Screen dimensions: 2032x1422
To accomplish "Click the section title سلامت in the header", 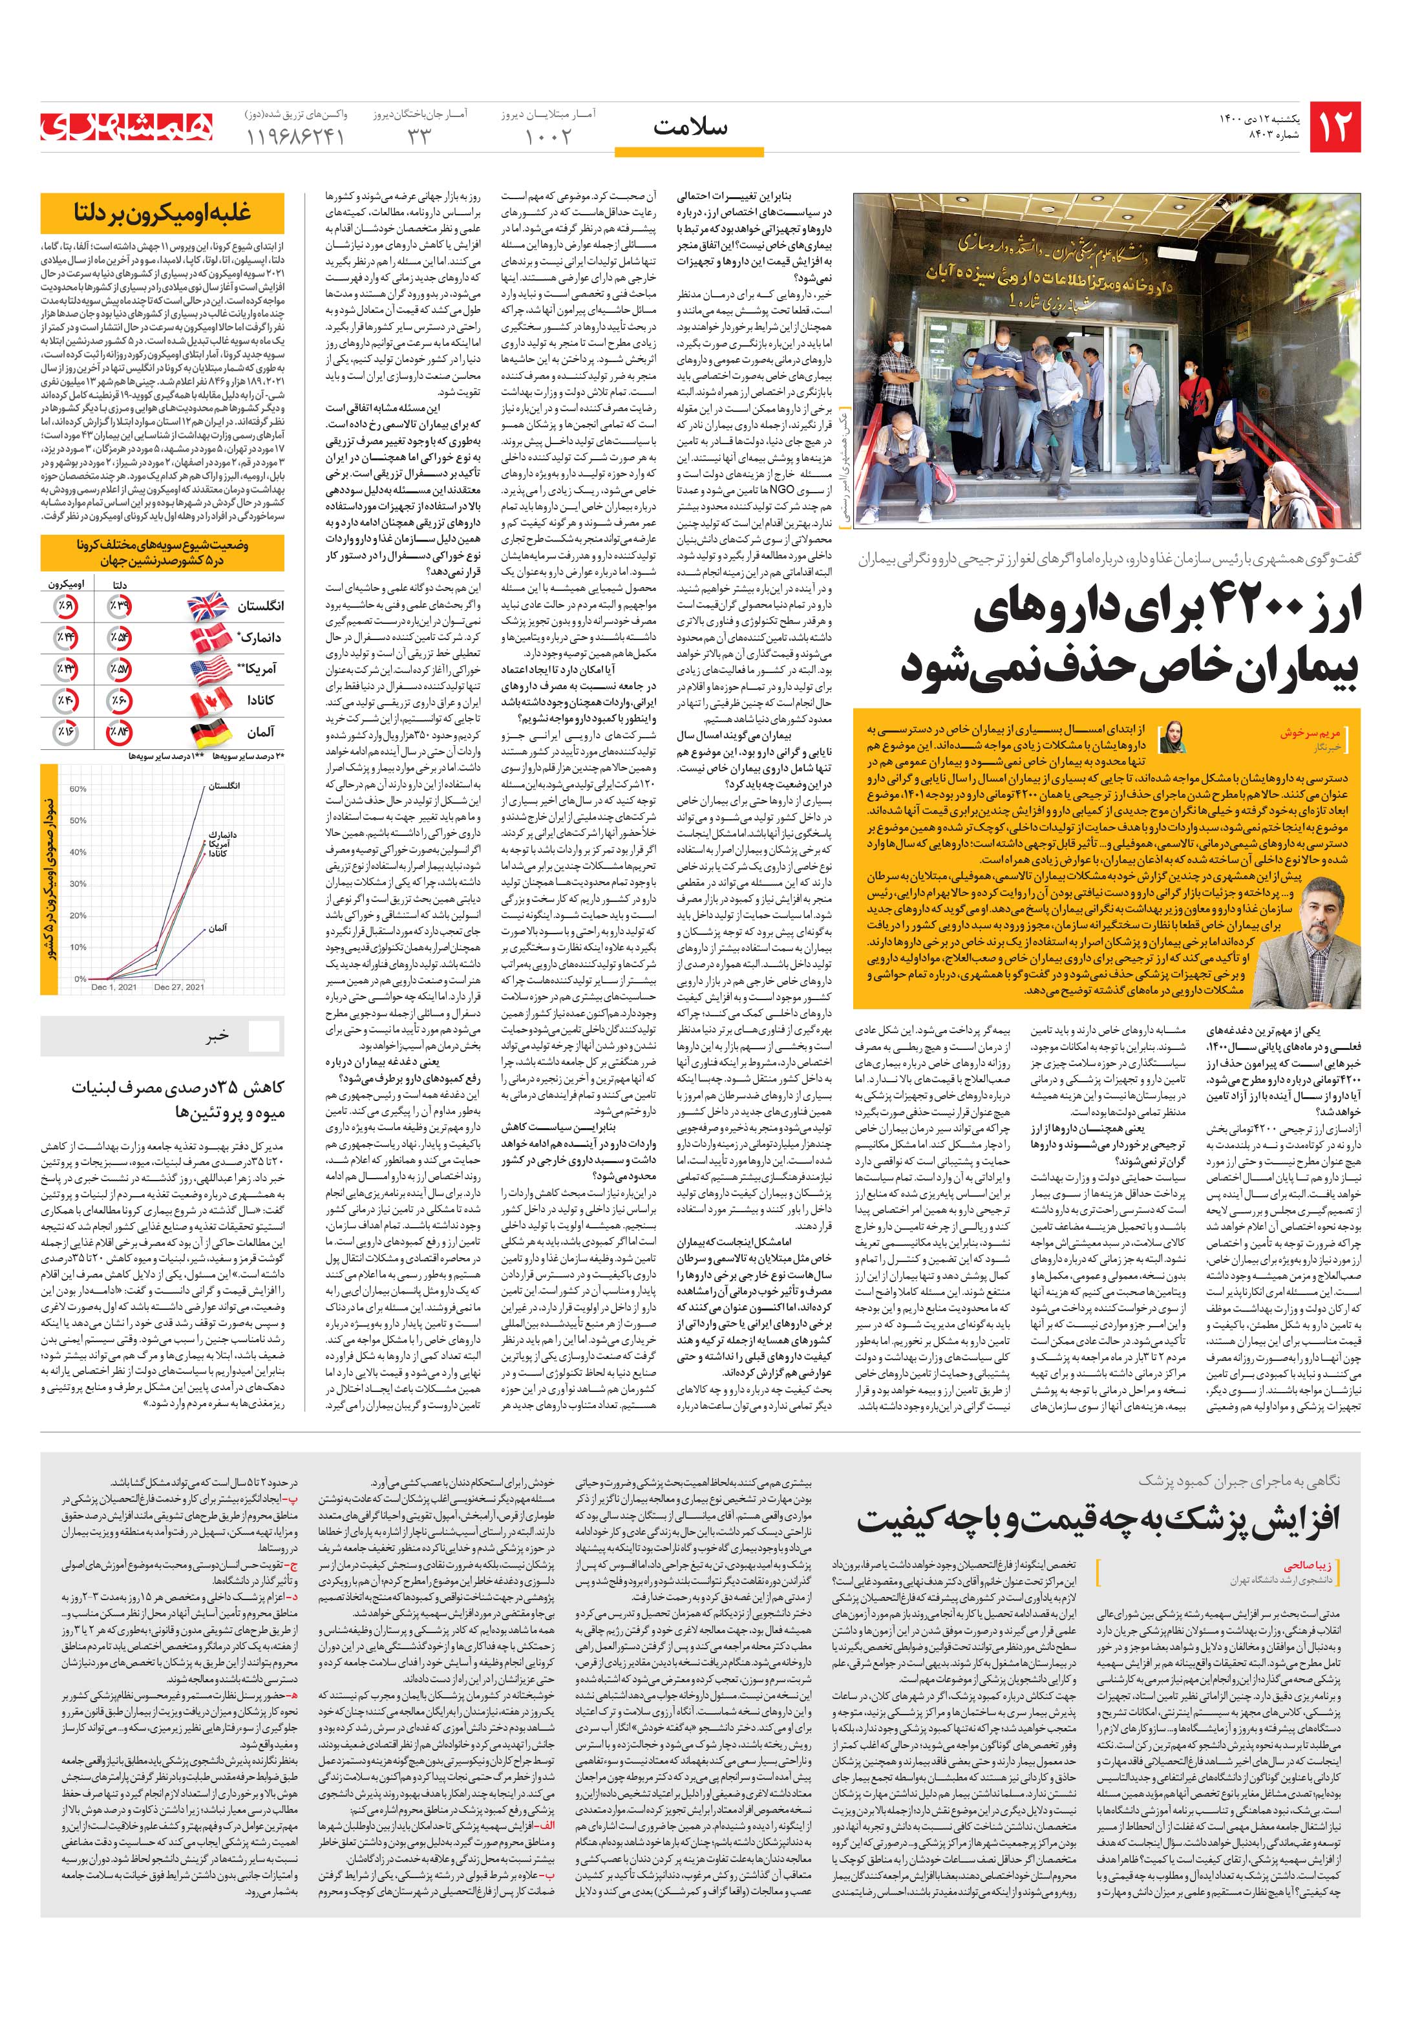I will (x=690, y=127).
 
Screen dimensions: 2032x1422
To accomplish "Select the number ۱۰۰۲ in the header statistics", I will (x=549, y=137).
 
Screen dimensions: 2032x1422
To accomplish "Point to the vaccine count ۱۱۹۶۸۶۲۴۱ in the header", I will (x=292, y=137).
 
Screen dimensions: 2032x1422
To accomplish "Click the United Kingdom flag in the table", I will (x=208, y=606).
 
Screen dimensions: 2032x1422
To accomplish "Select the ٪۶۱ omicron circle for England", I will (x=65, y=606).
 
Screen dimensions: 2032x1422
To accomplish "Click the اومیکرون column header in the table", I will (x=67, y=585).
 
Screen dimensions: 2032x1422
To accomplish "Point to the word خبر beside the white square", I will (x=218, y=1037).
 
